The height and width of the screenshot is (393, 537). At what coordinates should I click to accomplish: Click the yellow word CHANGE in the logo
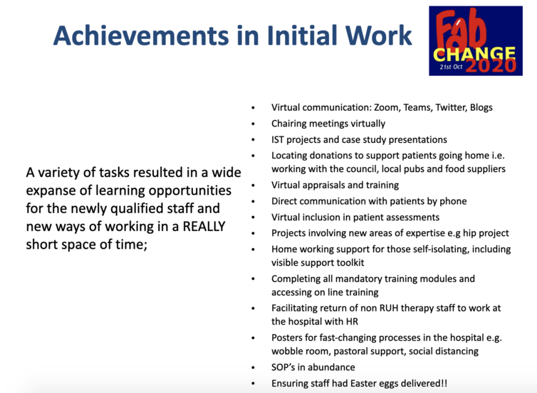(x=474, y=54)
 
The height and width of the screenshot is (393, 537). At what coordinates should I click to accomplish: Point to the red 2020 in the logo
(x=491, y=65)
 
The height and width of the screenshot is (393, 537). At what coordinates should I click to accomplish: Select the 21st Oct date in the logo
(x=451, y=67)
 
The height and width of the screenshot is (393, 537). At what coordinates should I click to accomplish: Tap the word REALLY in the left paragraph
(x=204, y=226)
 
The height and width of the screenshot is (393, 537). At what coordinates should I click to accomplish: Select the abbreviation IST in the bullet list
(x=278, y=140)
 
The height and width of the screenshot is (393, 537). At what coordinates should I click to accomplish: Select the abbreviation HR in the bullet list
(x=353, y=322)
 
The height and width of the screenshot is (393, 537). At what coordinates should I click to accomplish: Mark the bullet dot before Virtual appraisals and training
(x=253, y=185)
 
